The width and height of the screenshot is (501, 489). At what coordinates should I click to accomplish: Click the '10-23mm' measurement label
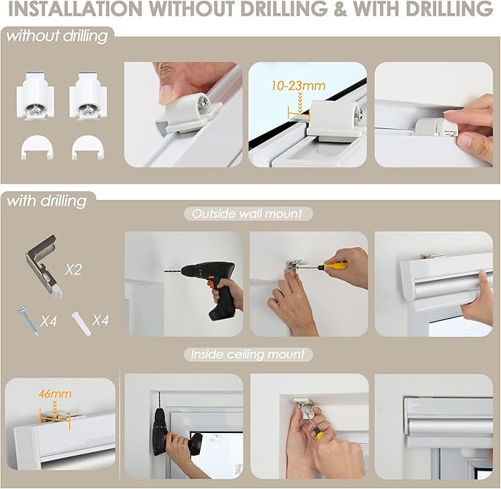(298, 86)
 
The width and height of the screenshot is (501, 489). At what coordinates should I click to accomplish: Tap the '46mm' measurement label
(55, 394)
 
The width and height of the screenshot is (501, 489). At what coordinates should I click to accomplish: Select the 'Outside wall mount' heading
(247, 214)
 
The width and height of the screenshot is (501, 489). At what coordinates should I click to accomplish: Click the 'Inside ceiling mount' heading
(248, 355)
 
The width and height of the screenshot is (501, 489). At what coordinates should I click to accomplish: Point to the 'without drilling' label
(57, 36)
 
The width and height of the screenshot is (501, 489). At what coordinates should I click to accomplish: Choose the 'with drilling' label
(46, 201)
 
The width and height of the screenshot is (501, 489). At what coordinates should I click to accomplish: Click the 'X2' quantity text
(73, 270)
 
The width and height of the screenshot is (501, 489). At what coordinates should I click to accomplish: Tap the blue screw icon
(28, 321)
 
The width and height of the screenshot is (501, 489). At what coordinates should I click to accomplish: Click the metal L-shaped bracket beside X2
(43, 266)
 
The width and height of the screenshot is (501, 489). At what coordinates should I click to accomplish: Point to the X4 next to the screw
(49, 322)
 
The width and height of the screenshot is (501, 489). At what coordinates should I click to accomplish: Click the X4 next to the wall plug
(100, 320)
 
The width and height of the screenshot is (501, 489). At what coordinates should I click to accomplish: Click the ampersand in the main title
(340, 9)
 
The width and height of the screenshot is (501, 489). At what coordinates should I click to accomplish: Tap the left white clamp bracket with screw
(35, 96)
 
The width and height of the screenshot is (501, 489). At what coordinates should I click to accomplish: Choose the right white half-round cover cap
(88, 148)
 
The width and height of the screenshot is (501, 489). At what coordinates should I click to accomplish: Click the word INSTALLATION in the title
(75, 9)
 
